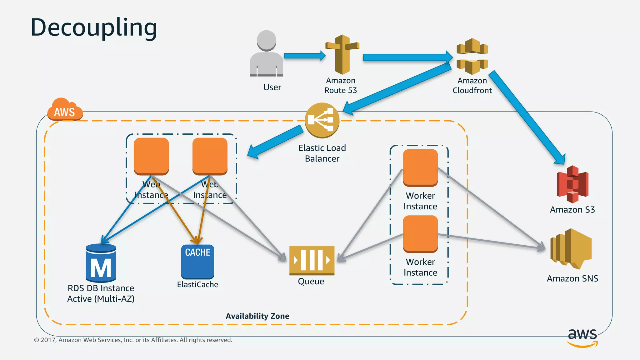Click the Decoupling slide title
point(94,27)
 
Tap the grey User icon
point(267,54)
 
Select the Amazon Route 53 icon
point(342,54)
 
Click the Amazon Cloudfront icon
point(472,56)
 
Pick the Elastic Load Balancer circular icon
point(322,120)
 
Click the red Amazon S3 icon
point(572,184)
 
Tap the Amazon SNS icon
point(571,249)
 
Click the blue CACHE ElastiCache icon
point(197,261)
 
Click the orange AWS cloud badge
point(65,110)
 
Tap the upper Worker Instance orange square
point(420,167)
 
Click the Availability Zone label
point(257,316)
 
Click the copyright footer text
point(133,340)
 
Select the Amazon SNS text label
point(572,278)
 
